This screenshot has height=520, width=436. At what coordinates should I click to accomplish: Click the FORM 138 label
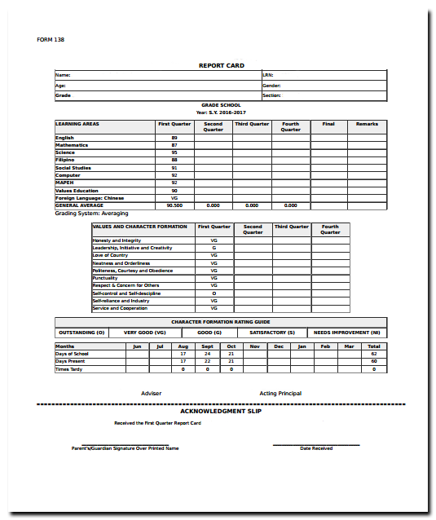(x=51, y=40)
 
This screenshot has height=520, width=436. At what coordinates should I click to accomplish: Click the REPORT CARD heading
(x=221, y=65)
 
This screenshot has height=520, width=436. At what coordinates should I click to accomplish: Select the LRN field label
(x=267, y=75)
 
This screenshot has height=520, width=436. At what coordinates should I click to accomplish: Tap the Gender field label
(x=271, y=85)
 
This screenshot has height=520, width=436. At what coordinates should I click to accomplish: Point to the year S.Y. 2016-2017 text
(x=221, y=112)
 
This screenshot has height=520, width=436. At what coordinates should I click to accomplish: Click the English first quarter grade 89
(x=174, y=138)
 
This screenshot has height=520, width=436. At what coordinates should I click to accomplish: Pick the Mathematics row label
(x=72, y=145)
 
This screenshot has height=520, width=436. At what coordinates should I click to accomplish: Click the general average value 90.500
(x=174, y=205)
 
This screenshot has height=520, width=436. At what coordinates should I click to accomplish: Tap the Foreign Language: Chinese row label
(x=90, y=198)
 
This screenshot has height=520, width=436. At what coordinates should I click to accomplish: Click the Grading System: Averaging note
(x=86, y=213)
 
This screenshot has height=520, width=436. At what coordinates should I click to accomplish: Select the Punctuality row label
(x=105, y=278)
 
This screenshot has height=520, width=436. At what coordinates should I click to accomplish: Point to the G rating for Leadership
(x=214, y=248)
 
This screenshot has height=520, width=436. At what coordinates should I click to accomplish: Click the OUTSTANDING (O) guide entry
(x=81, y=333)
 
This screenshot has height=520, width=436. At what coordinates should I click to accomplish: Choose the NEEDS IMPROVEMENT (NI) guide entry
(x=347, y=333)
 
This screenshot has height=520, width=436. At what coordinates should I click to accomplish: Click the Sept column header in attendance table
(x=207, y=346)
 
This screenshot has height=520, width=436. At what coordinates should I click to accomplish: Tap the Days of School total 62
(x=374, y=354)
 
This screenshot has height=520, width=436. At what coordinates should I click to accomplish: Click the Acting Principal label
(x=280, y=394)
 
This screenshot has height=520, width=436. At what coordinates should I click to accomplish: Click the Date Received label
(x=316, y=448)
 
